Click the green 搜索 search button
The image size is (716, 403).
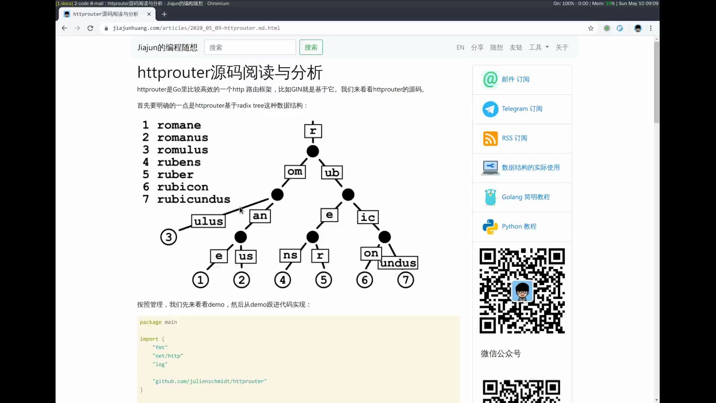[311, 47]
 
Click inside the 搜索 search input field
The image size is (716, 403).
[250, 47]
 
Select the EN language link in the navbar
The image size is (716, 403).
[460, 47]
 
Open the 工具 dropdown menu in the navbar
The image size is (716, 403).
[538, 47]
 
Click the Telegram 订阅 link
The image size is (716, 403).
[522, 109]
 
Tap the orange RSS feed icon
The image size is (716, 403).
[490, 138]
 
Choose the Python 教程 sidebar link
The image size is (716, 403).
[519, 227]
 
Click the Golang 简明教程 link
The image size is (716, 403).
[525, 197]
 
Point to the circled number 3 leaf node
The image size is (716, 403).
[169, 237]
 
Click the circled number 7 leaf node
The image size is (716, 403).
[405, 280]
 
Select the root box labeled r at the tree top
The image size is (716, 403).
[313, 131]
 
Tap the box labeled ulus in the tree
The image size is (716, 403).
[208, 221]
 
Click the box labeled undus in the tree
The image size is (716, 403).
[398, 263]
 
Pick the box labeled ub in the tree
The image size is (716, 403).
[332, 172]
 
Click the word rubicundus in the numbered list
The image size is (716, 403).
[194, 199]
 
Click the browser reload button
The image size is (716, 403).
[90, 28]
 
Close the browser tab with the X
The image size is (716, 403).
[149, 14]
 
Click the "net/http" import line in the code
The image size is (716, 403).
[168, 356]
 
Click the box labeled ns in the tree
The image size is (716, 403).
[290, 256]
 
